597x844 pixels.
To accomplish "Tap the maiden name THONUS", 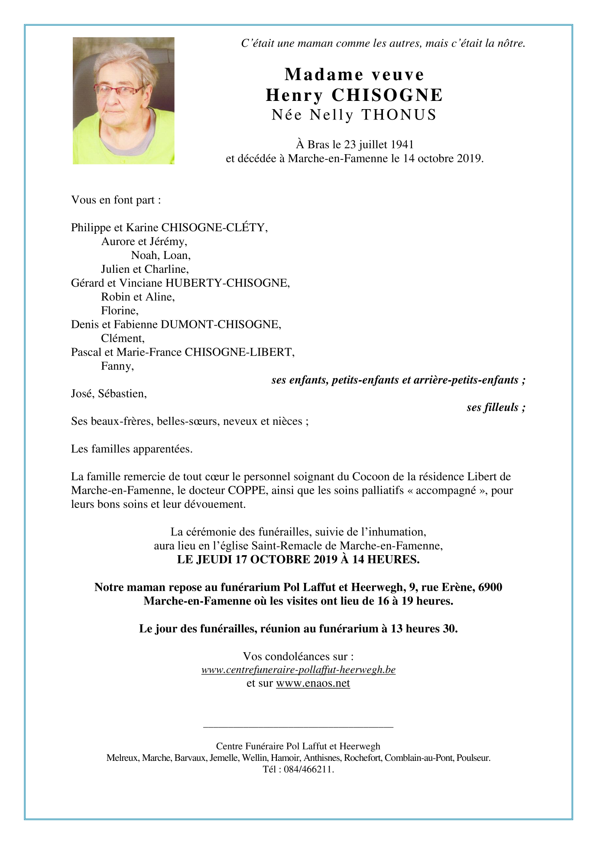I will point(399,115).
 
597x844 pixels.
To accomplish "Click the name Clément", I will point(122,339).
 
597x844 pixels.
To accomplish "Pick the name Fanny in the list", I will point(117,366).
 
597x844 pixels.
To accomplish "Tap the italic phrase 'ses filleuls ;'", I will point(496,407).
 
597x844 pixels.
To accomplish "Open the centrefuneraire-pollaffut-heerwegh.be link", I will point(298,670).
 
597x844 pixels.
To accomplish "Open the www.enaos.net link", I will point(313,684).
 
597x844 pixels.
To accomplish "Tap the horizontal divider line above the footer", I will point(298,727).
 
